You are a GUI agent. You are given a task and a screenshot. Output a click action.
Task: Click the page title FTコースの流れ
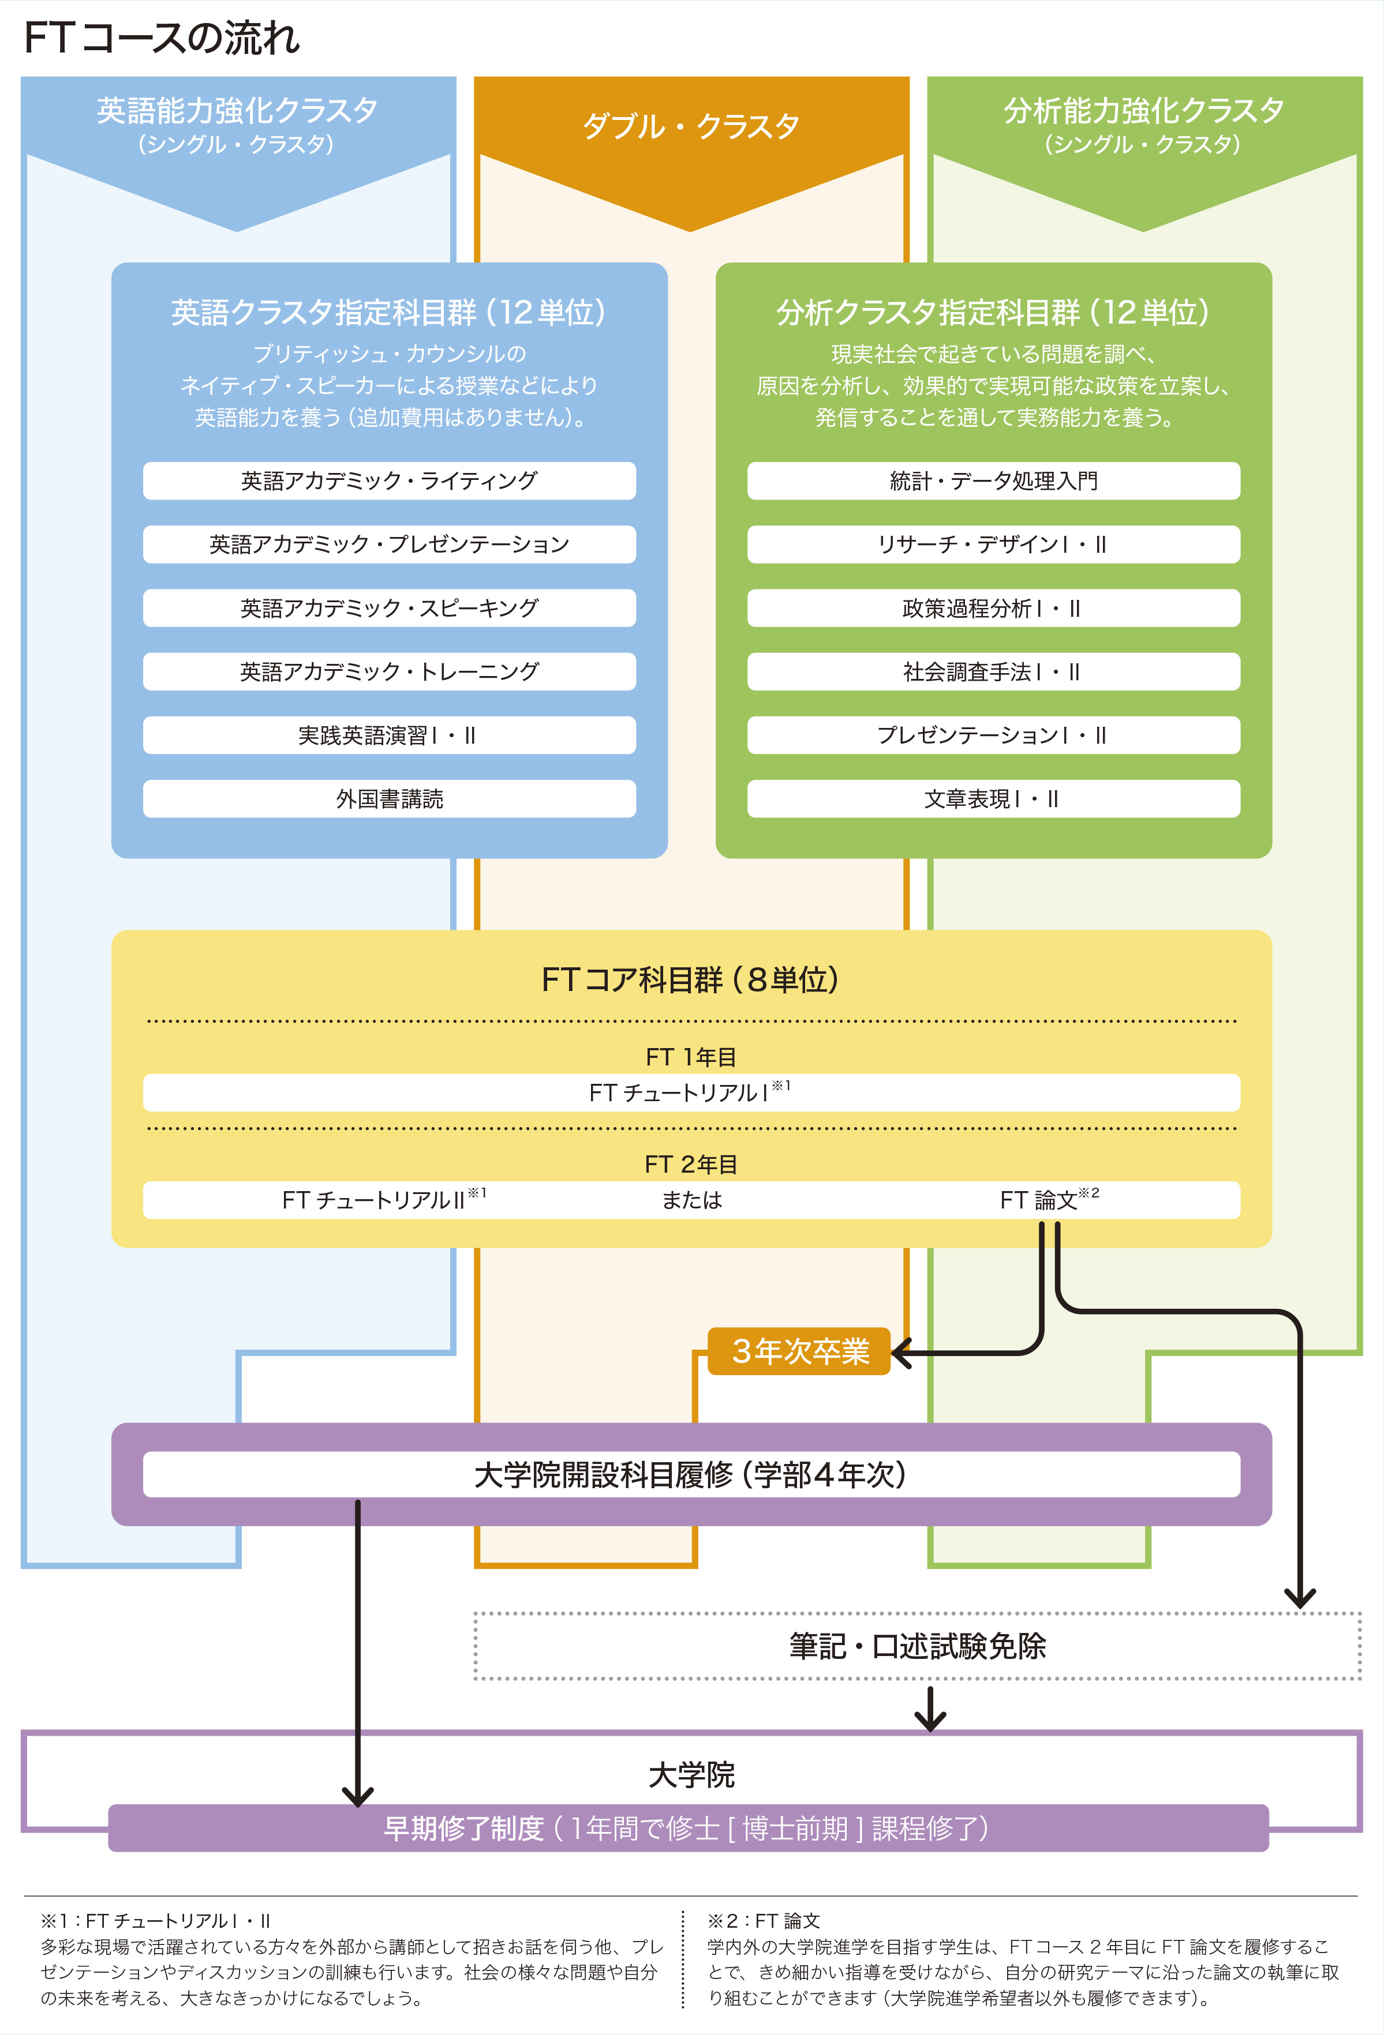point(162,39)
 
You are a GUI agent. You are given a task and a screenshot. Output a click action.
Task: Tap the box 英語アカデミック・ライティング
point(389,480)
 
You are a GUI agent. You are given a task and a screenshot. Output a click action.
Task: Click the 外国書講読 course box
point(389,798)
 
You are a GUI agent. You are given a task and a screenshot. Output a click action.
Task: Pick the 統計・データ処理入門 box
point(993,480)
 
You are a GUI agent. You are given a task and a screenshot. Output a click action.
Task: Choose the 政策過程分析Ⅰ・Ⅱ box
point(993,608)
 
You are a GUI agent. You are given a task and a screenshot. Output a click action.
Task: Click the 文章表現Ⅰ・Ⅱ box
point(993,798)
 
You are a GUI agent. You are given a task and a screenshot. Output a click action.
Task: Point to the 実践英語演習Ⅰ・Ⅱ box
point(389,735)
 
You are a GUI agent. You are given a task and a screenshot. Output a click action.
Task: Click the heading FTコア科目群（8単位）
point(691,979)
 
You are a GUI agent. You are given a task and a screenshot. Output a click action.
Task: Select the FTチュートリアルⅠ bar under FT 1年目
point(691,1093)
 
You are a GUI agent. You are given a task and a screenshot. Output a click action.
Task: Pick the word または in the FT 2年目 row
point(691,1200)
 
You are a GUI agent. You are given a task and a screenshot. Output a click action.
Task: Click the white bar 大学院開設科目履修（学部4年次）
point(691,1474)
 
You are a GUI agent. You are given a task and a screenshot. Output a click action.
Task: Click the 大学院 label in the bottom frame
point(691,1775)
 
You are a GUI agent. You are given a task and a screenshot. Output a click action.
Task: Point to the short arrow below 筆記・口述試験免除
point(930,1709)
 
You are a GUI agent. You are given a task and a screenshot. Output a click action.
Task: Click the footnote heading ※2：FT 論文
point(764,1920)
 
